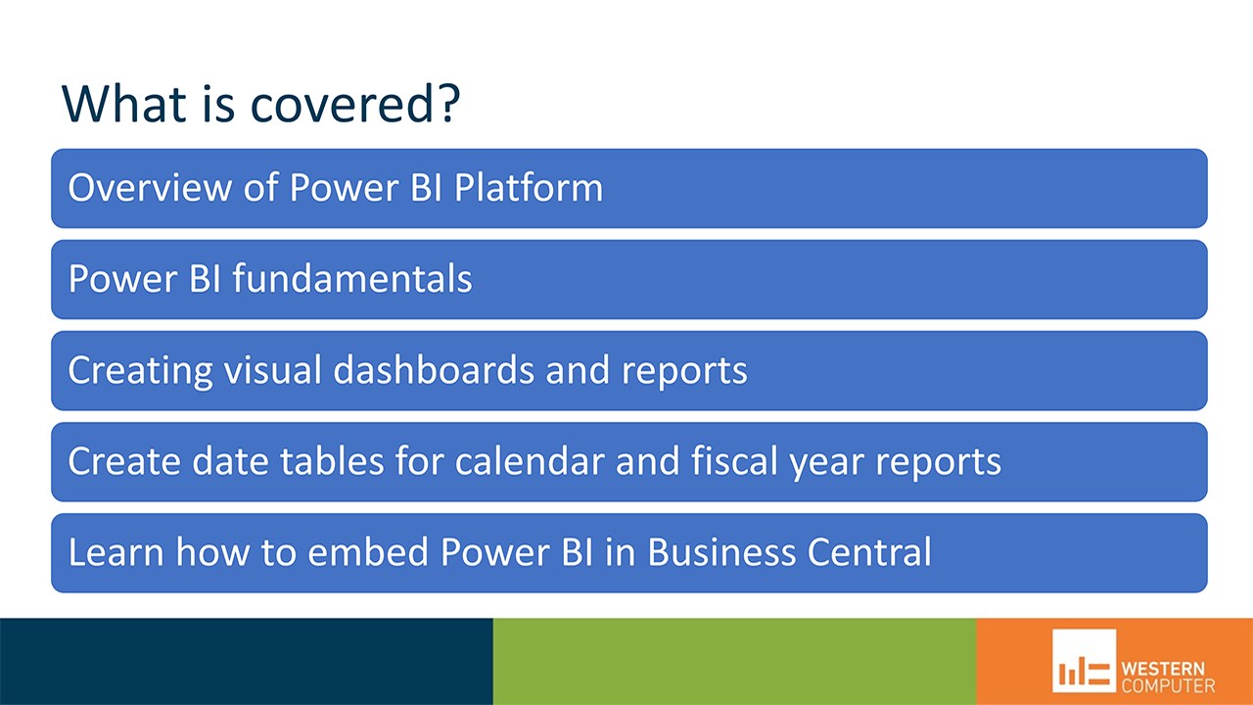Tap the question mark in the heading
448,103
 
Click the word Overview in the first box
150,187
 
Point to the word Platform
529,187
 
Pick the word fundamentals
352,278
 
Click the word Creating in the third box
140,370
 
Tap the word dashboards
434,369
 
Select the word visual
273,369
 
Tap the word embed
367,551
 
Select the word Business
721,551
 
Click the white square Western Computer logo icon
1084,661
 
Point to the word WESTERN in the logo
1163,669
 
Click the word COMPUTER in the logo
1169,686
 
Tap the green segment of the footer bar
734,661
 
